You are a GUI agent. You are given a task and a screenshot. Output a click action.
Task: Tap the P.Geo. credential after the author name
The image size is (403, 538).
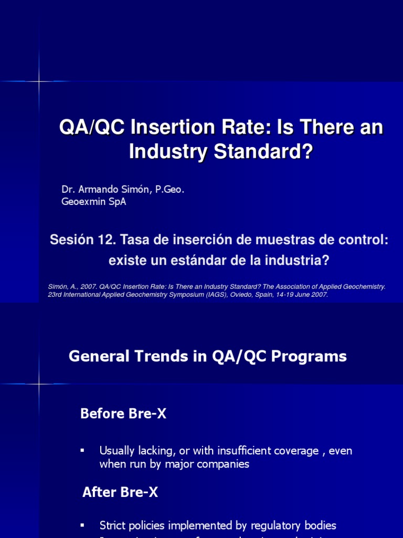tap(167, 190)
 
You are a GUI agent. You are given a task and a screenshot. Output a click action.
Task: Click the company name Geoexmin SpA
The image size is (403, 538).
tap(94, 202)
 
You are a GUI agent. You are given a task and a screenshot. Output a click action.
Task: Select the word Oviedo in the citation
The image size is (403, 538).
tap(240, 295)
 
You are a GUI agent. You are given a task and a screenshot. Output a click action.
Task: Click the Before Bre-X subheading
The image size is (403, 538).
tap(123, 414)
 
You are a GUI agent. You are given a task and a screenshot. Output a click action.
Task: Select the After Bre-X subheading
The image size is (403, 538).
tap(120, 492)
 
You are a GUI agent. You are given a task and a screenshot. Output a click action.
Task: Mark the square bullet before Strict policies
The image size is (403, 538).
tap(82, 525)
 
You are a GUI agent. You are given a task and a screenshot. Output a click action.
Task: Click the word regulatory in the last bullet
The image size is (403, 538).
tap(277, 525)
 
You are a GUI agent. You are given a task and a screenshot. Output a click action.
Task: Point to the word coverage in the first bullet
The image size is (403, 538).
tap(293, 451)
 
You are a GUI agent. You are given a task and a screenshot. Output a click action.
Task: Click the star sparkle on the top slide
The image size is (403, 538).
tap(40, 81)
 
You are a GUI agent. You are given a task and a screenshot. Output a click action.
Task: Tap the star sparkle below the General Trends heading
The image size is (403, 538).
tap(40, 384)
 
